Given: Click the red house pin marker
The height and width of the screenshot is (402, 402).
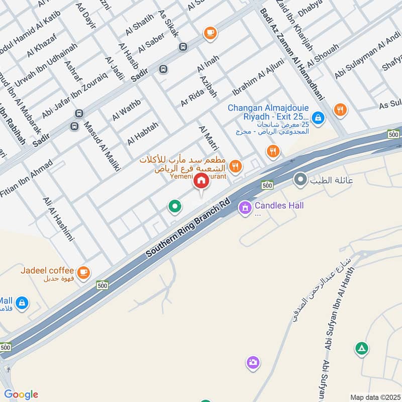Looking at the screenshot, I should point(201,181).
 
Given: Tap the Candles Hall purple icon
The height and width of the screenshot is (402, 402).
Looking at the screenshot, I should point(245,207).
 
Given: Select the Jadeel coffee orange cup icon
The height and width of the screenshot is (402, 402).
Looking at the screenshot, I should point(84,272).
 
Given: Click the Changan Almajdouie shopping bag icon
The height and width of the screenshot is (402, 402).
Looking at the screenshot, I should point(317,118).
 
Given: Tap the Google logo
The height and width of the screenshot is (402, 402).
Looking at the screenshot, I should point(21,394).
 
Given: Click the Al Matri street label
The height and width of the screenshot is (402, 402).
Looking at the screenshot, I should point(209,139).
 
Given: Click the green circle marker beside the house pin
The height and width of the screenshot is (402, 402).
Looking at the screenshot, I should point(175,206).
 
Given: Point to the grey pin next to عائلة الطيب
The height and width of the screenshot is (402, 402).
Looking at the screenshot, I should point(300,179).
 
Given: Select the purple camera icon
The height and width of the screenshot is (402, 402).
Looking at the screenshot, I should point(253,362).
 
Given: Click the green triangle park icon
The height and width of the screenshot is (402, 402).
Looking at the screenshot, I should point(361,348).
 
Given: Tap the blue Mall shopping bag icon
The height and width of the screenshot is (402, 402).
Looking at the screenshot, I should point(22,303).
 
